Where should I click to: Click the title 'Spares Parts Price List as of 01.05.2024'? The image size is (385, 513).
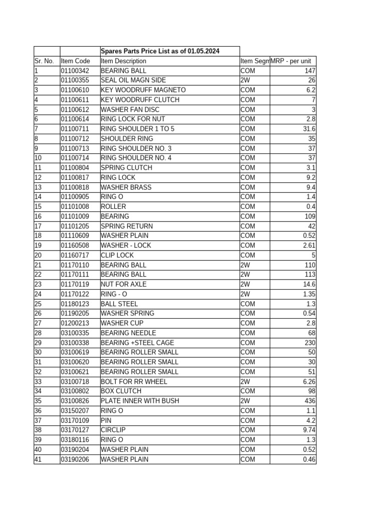pos(160,51)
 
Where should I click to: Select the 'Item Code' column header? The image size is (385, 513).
pos(75,61)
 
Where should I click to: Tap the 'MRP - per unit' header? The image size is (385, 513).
pos(291,61)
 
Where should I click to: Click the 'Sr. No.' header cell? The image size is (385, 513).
pos(44,61)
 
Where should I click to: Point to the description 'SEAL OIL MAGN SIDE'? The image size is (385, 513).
pos(133,80)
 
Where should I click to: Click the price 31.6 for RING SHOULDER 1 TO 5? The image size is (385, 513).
pos(309,129)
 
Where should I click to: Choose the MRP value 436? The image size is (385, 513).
pos(310,401)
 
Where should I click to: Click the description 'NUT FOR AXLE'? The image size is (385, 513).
pos(124,284)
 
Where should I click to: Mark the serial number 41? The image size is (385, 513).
pos(38,459)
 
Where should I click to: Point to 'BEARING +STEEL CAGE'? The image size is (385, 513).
pos(137,343)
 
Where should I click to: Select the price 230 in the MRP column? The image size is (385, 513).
pos(310,343)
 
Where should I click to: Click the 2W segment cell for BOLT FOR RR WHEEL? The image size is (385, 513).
pos(245,381)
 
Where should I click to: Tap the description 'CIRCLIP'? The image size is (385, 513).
pos(113,430)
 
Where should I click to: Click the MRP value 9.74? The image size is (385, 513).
pos(309,430)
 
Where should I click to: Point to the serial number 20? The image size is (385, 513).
pos(38,255)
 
